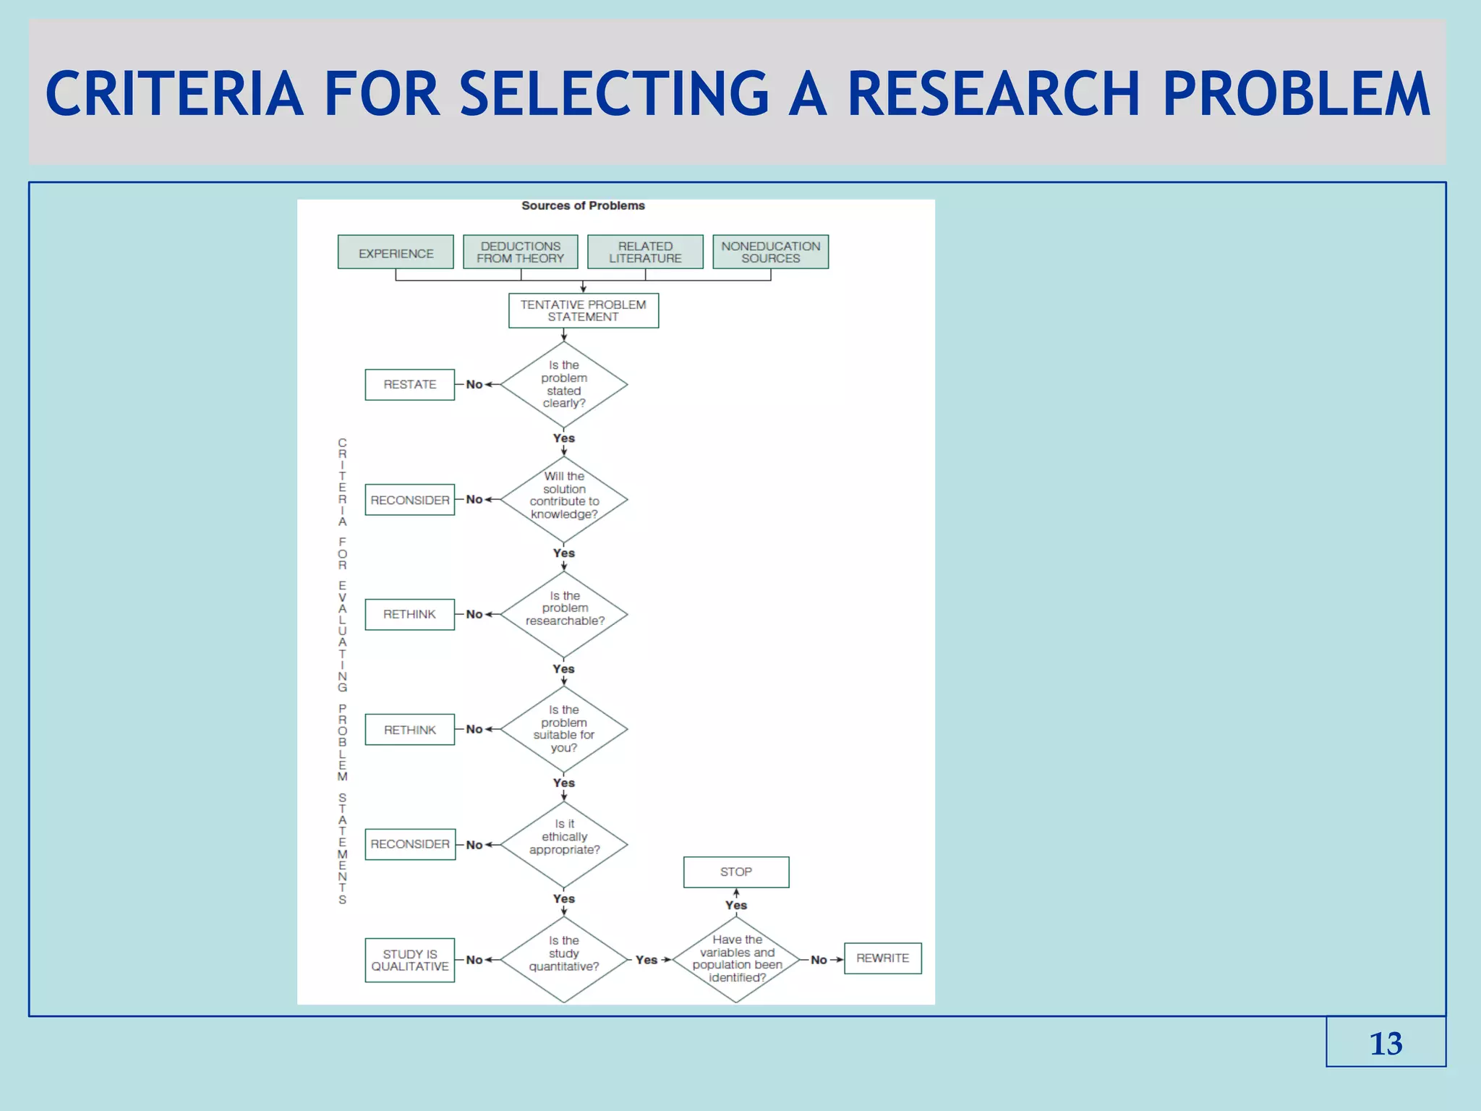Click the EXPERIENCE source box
click(396, 252)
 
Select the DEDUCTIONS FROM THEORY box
click(520, 252)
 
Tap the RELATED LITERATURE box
click(645, 252)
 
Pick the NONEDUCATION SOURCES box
click(770, 252)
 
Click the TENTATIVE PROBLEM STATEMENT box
click(583, 310)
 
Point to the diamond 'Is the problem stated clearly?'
click(564, 384)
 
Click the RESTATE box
click(409, 384)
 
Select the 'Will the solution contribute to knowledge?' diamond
click(564, 499)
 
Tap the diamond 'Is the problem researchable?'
click(564, 614)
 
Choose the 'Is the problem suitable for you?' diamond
click(564, 729)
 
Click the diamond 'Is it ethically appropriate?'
click(564, 844)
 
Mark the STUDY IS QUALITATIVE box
click(409, 960)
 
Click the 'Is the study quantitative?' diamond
click(564, 959)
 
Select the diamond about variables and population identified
click(736, 959)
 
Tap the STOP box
click(736, 872)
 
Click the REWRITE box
click(882, 958)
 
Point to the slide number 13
click(1386, 1043)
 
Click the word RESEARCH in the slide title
click(994, 94)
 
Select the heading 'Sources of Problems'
click(583, 205)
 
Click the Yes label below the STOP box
click(736, 905)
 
